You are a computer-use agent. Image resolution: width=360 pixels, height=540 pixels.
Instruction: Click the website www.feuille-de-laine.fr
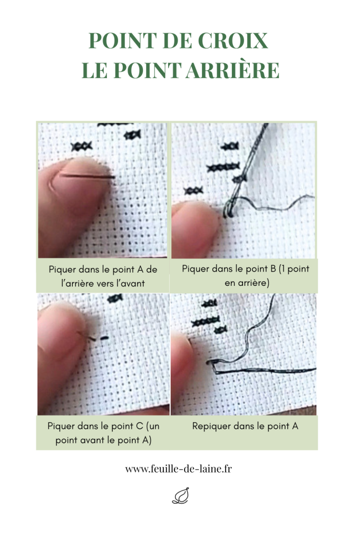click(178, 469)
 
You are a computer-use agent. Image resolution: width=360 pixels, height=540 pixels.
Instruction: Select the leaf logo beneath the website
click(181, 496)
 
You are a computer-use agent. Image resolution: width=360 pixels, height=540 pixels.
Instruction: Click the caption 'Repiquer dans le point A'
click(245, 426)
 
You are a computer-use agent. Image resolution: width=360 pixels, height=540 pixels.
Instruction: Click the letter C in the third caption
click(139, 426)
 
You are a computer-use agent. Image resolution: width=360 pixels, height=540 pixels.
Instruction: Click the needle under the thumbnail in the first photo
click(87, 176)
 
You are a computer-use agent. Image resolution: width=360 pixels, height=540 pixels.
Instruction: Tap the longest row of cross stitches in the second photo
click(223, 167)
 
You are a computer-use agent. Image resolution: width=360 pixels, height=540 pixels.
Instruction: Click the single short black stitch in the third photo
click(105, 338)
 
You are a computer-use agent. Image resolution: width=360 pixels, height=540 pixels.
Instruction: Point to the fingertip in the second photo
click(194, 228)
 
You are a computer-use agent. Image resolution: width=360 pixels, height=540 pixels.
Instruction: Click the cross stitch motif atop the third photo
click(114, 298)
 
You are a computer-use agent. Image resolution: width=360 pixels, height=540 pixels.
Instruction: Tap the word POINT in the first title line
click(123, 41)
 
